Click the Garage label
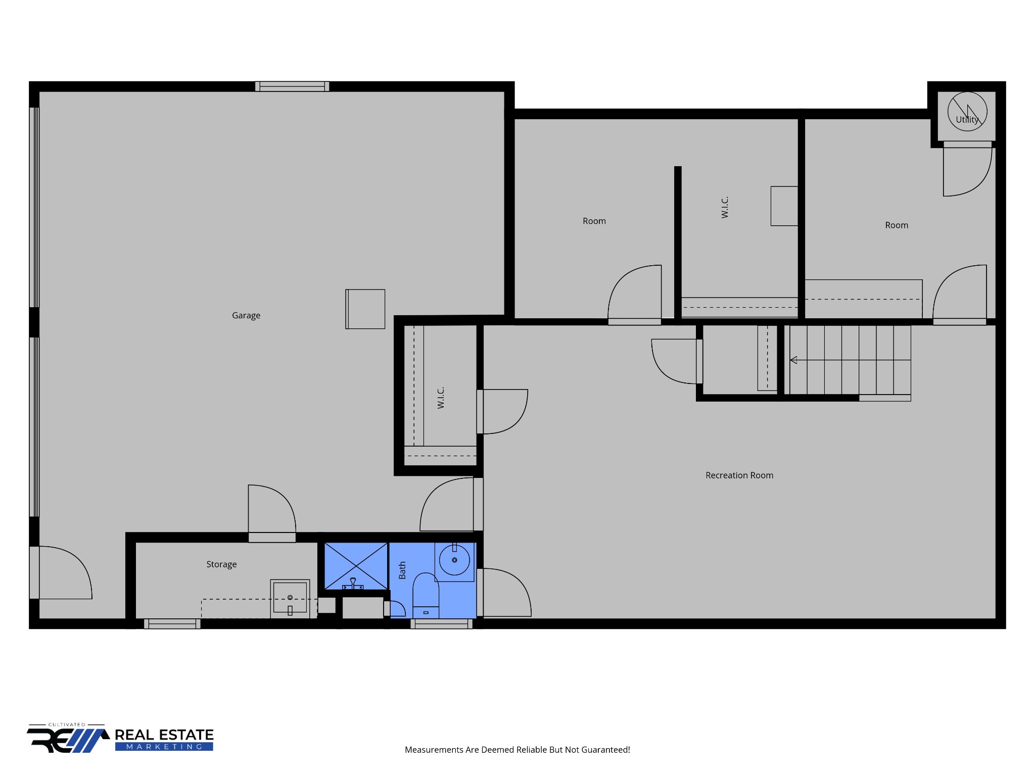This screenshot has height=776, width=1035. tap(246, 316)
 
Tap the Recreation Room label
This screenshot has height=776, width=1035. tap(739, 475)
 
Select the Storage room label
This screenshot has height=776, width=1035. tap(221, 564)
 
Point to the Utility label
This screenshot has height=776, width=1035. tap(967, 120)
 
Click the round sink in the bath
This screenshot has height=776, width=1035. tap(454, 560)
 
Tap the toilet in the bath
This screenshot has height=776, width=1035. tap(426, 595)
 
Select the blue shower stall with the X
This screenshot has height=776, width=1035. tap(356, 566)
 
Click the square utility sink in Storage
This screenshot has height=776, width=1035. tap(290, 599)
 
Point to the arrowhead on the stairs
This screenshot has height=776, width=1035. tap(793, 360)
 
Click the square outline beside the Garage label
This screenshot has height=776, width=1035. tap(365, 309)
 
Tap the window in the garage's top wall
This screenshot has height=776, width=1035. tap(292, 86)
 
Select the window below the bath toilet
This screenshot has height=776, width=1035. tap(441, 624)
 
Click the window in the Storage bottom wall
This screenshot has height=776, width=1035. tap(172, 624)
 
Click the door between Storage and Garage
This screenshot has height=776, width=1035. tap(272, 513)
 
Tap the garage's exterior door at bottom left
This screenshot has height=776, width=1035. tap(61, 572)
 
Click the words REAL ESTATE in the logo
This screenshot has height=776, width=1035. tap(164, 735)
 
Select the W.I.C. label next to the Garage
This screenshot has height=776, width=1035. tap(441, 398)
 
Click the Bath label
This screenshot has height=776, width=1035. tap(402, 570)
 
